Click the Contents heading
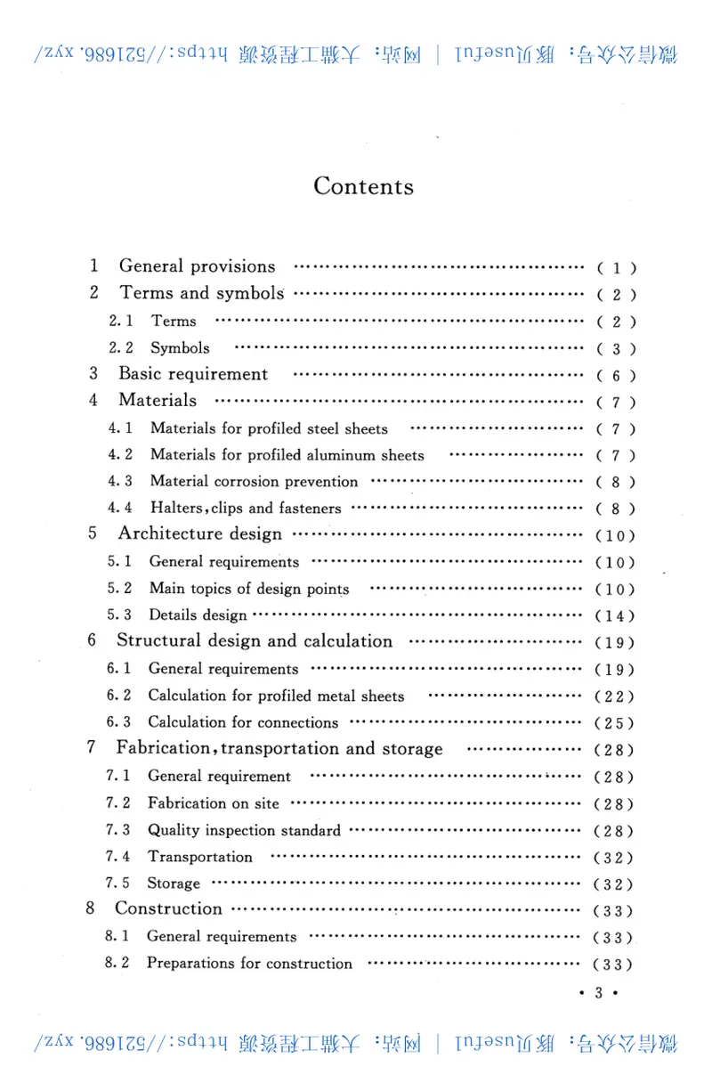(363, 186)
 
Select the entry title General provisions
(197, 266)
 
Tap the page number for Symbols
(616, 349)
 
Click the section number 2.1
(121, 322)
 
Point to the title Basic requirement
(192, 374)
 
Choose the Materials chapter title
(158, 401)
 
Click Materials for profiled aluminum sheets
(287, 455)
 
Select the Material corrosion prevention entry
(254, 482)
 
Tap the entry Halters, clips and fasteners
(245, 509)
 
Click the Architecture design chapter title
(199, 534)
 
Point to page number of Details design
(615, 616)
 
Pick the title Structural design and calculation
(254, 641)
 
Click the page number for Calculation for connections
(615, 723)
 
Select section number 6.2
(119, 696)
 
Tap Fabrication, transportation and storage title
(279, 749)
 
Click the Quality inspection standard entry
(244, 830)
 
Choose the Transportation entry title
(199, 857)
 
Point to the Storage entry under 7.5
(174, 883)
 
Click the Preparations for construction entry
(249, 964)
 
